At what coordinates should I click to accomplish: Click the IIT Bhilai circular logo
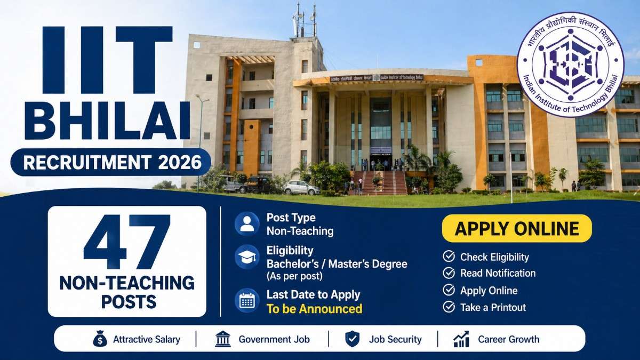coord(570,64)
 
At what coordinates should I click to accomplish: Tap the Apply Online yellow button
coord(517,229)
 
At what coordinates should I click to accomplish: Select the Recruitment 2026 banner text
coord(110,162)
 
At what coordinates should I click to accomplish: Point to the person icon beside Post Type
coord(247,224)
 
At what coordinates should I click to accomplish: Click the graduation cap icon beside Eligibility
coord(247,257)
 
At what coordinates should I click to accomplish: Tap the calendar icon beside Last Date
coord(247,301)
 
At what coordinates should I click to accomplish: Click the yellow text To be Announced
coord(314,309)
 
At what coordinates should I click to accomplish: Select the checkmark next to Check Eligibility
coord(449,257)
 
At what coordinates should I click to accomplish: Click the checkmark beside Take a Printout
coord(449,307)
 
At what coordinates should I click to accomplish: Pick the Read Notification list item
coord(498,273)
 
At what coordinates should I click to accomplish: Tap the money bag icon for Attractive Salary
coord(100,339)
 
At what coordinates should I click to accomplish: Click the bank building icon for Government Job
coord(223,339)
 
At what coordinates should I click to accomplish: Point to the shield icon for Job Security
coord(352,339)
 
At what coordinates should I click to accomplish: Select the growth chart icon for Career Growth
coord(461,339)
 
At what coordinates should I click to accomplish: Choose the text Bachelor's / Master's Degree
coord(337,264)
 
